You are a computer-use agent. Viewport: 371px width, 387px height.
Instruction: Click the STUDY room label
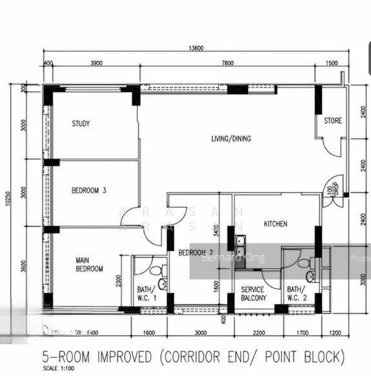pyautogui.click(x=81, y=124)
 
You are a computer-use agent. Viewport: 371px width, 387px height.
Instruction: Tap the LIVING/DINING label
pyautogui.click(x=231, y=139)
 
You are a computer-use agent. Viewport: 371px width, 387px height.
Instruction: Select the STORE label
pyautogui.click(x=333, y=120)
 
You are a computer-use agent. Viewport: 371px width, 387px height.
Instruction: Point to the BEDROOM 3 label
pyautogui.click(x=88, y=190)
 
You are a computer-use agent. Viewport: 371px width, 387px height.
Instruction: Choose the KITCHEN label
pyautogui.click(x=276, y=224)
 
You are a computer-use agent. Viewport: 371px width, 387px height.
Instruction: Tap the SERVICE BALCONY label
pyautogui.click(x=252, y=294)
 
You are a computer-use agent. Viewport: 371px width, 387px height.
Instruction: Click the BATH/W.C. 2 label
pyautogui.click(x=297, y=294)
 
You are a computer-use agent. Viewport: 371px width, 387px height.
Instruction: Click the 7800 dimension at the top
pyautogui.click(x=227, y=63)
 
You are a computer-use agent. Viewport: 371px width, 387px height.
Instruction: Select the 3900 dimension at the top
pyautogui.click(x=96, y=63)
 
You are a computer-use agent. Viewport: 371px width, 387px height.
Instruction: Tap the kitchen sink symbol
pyautogui.click(x=240, y=244)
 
